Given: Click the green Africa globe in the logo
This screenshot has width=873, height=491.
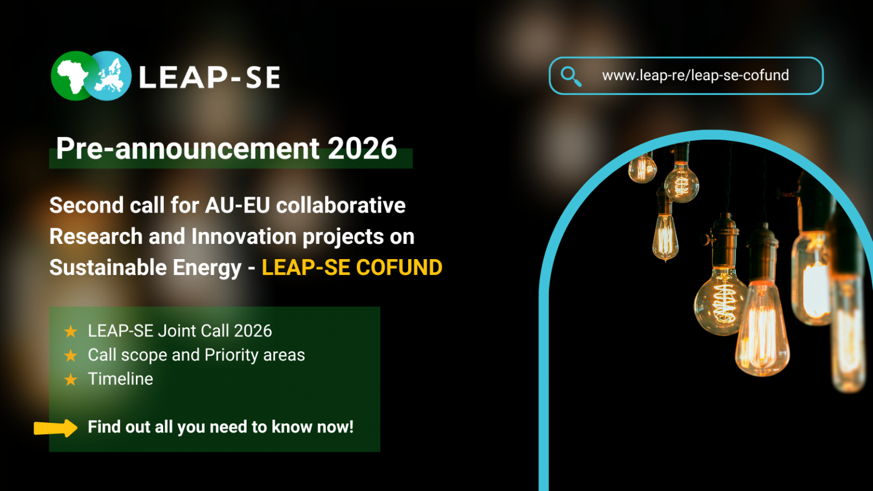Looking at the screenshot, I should [72, 76].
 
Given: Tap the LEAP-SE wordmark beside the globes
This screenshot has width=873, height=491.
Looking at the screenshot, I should [210, 77].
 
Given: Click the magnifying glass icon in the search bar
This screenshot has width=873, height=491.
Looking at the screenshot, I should [571, 76].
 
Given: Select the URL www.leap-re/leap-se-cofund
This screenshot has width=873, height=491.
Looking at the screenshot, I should [695, 76].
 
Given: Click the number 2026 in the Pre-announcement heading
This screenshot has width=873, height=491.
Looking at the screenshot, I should [362, 148].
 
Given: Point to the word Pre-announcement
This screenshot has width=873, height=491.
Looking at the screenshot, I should [188, 148].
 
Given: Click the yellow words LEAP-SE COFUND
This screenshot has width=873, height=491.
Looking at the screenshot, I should [352, 268].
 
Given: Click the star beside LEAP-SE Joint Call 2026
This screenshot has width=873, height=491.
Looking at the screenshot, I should [70, 331].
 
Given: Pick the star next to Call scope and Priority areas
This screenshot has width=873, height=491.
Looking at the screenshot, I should [70, 356].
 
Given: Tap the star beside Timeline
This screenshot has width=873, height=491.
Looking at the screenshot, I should [70, 380].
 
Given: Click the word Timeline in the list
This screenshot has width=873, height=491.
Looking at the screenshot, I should [120, 379].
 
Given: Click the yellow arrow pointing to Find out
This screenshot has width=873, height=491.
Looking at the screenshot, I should [56, 428].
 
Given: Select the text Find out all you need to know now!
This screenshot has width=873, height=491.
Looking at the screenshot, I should [221, 427].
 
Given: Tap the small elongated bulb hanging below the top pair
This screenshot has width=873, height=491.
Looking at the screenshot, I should [665, 236].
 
